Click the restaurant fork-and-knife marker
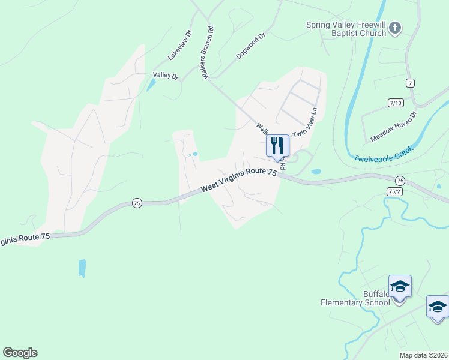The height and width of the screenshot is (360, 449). [x=277, y=146]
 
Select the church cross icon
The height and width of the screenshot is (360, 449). [x=395, y=28]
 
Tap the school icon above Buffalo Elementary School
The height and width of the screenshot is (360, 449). [x=400, y=287]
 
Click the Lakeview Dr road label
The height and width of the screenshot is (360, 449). [x=179, y=45]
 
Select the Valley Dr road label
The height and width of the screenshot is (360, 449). [x=166, y=76]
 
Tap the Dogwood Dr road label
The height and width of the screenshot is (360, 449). [x=250, y=46]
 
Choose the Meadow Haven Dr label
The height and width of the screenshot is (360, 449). [x=393, y=126]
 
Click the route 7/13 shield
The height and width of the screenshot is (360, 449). [x=396, y=103]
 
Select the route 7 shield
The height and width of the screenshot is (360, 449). [x=411, y=83]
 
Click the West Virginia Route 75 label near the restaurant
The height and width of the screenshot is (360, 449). [x=239, y=179]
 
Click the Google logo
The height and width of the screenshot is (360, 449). [x=20, y=353]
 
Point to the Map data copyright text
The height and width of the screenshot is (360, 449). [x=424, y=355]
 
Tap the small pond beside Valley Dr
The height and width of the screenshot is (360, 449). [x=150, y=85]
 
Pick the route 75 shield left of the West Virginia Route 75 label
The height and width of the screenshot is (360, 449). [x=137, y=203]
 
